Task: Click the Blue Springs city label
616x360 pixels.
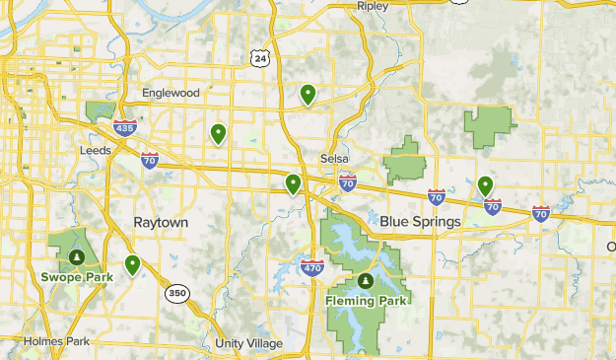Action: tap(420, 222)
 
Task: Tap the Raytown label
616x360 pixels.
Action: tap(161, 223)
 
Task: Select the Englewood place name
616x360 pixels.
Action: tap(170, 93)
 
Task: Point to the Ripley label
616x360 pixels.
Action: tap(373, 6)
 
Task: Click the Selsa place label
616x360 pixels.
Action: tap(335, 159)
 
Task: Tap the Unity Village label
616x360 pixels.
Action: tap(248, 343)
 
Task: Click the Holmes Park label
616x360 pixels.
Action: tap(58, 341)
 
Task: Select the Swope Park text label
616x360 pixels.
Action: tap(76, 276)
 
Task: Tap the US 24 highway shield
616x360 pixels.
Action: tap(259, 59)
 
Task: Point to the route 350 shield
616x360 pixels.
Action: tap(176, 292)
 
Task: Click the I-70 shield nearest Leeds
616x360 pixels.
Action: tap(149, 160)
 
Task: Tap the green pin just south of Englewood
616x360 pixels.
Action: tap(218, 134)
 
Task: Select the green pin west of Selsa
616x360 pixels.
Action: tap(293, 184)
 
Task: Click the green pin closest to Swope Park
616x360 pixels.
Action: tap(131, 264)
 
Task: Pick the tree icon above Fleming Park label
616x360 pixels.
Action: tap(365, 281)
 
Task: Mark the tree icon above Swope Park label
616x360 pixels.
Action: tap(76, 256)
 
